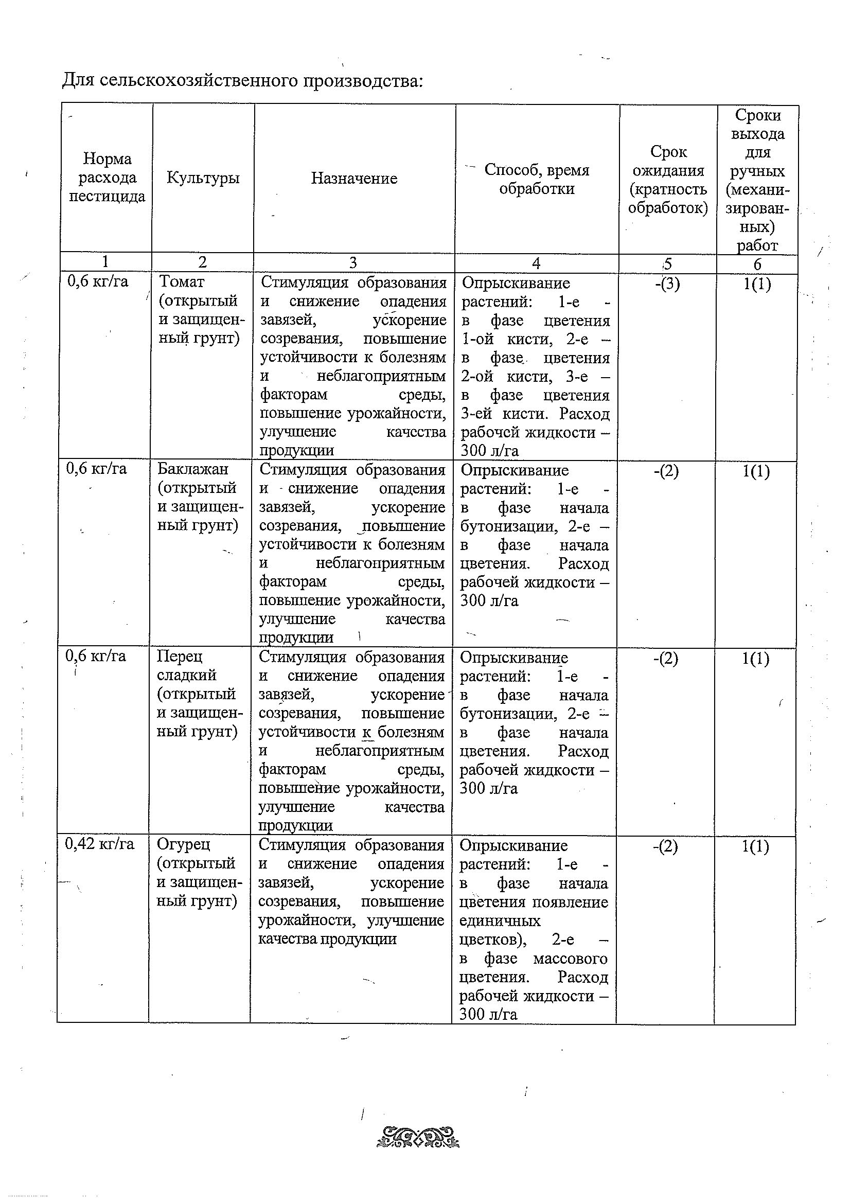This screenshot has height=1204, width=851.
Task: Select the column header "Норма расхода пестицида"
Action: point(107,177)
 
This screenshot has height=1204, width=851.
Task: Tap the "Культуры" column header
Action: point(203,178)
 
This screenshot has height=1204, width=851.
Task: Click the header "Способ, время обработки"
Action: point(537,179)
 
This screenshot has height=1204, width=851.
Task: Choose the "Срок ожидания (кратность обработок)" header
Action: point(668,180)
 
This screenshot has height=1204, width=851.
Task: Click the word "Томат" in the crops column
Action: point(182,281)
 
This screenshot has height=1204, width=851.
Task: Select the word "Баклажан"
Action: point(192,469)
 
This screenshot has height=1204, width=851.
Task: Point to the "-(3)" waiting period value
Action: point(667,284)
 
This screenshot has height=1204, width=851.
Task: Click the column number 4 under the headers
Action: point(536,263)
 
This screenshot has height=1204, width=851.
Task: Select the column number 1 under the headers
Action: point(105,261)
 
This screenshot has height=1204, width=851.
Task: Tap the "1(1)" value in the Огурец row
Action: point(756,846)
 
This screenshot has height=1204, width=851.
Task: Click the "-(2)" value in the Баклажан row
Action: point(666,471)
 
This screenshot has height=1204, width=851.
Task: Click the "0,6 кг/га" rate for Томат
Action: point(98,281)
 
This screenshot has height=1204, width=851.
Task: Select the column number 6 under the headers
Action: point(757,264)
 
